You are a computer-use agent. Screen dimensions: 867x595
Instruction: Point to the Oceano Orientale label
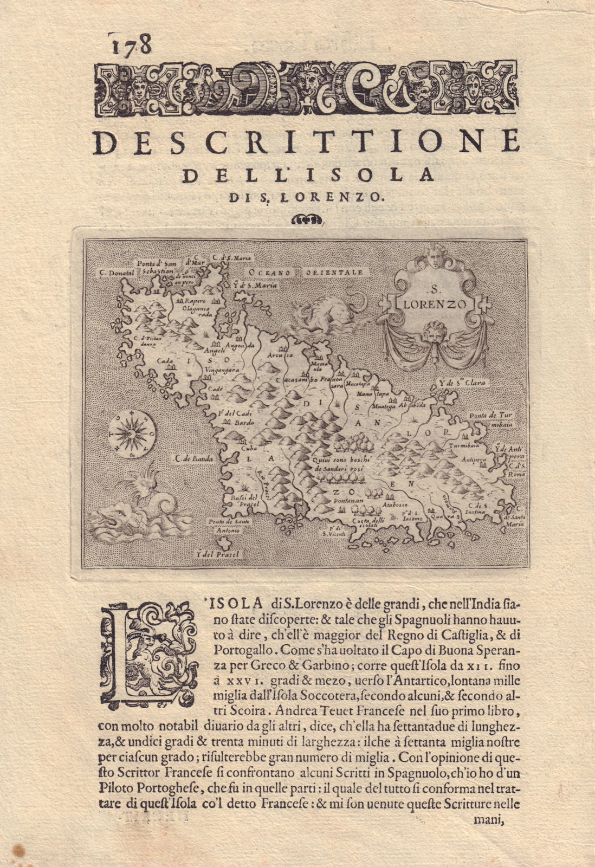[306, 272]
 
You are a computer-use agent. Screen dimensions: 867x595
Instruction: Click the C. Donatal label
[114, 273]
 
